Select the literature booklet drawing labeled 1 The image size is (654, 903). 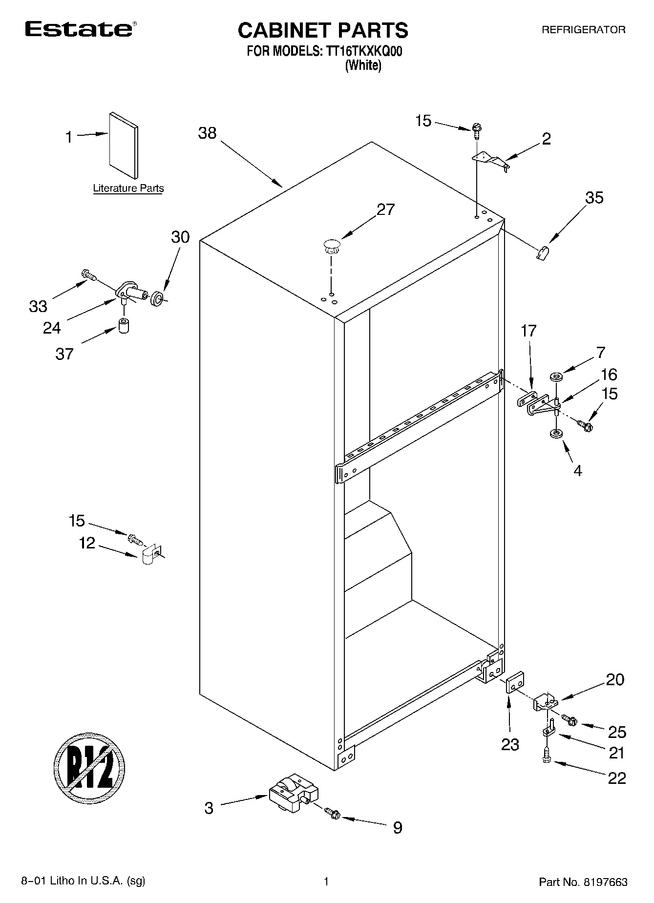pos(124,145)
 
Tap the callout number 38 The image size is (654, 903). pos(207,133)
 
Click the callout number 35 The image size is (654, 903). pos(594,198)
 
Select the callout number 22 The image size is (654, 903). pos(617,777)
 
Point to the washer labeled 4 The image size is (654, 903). pos(555,433)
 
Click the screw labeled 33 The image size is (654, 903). pos(88,275)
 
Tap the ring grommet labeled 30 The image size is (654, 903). pos(157,298)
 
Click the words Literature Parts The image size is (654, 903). pos(128,189)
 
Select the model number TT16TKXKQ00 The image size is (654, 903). pos(361,51)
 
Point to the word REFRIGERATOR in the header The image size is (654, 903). pos(583,30)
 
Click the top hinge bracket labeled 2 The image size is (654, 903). pos(490,161)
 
